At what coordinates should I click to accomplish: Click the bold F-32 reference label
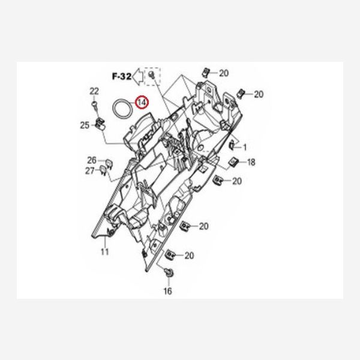[122, 76]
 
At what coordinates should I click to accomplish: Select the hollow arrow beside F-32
[138, 76]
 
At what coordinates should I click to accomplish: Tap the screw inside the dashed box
[151, 74]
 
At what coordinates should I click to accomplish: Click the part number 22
[94, 91]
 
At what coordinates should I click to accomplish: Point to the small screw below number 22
[94, 104]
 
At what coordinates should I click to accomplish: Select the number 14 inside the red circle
[142, 103]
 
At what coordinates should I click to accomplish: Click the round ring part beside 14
[122, 109]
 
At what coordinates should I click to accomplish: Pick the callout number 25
[85, 125]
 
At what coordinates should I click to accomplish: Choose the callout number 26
[92, 160]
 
